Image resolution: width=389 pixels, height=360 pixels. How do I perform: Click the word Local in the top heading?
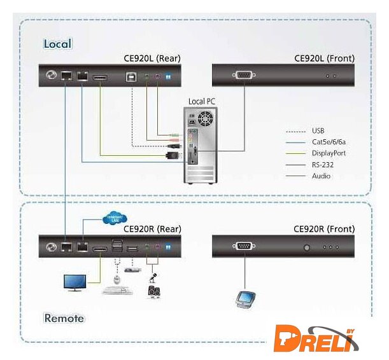click(57, 44)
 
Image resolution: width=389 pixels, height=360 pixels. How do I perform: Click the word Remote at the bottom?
click(64, 317)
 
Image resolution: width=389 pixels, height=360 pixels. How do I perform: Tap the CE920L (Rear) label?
click(152, 59)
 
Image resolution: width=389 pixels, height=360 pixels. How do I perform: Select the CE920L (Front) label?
click(324, 59)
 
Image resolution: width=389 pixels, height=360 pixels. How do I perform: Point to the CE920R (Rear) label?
click(152, 229)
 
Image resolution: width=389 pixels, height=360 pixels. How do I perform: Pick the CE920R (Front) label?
click(324, 229)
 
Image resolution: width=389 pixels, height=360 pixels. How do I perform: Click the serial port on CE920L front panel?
click(243, 76)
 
